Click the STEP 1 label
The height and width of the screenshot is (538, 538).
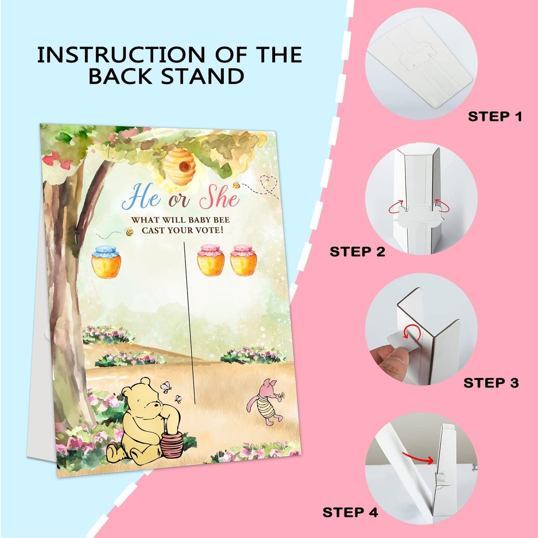click(495, 117)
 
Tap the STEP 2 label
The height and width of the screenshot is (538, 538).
click(357, 252)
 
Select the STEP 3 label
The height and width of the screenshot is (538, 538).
click(491, 383)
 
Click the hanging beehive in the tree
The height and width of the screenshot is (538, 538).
click(179, 169)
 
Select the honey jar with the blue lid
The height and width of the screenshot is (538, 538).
click(106, 262)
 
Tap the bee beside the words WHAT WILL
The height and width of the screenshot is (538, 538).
click(129, 232)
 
